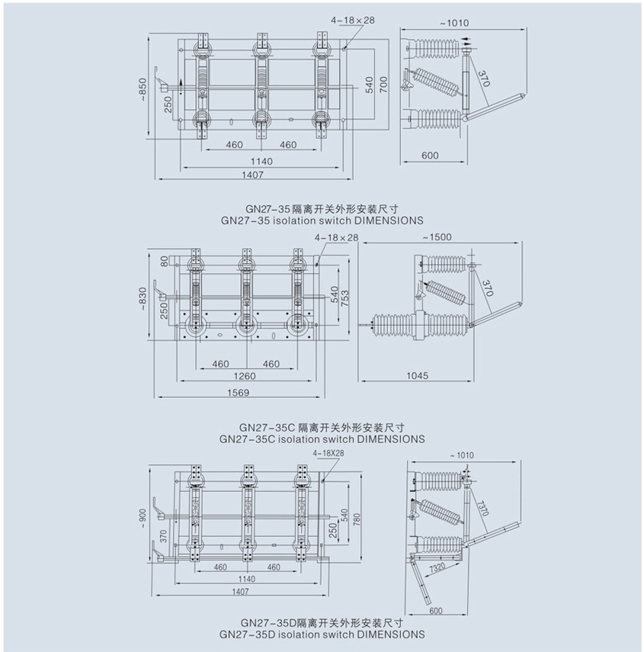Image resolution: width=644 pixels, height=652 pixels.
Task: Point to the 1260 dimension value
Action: click(x=245, y=376)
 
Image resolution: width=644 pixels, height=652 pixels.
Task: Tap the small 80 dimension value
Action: click(x=163, y=262)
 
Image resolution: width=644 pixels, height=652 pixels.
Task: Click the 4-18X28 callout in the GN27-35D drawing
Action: click(x=328, y=453)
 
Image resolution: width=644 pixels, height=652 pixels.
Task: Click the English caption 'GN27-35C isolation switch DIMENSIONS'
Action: click(x=322, y=439)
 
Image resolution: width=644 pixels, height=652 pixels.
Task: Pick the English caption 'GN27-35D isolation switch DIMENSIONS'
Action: click(x=322, y=634)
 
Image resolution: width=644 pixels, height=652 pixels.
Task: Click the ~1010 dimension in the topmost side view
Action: click(x=453, y=23)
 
